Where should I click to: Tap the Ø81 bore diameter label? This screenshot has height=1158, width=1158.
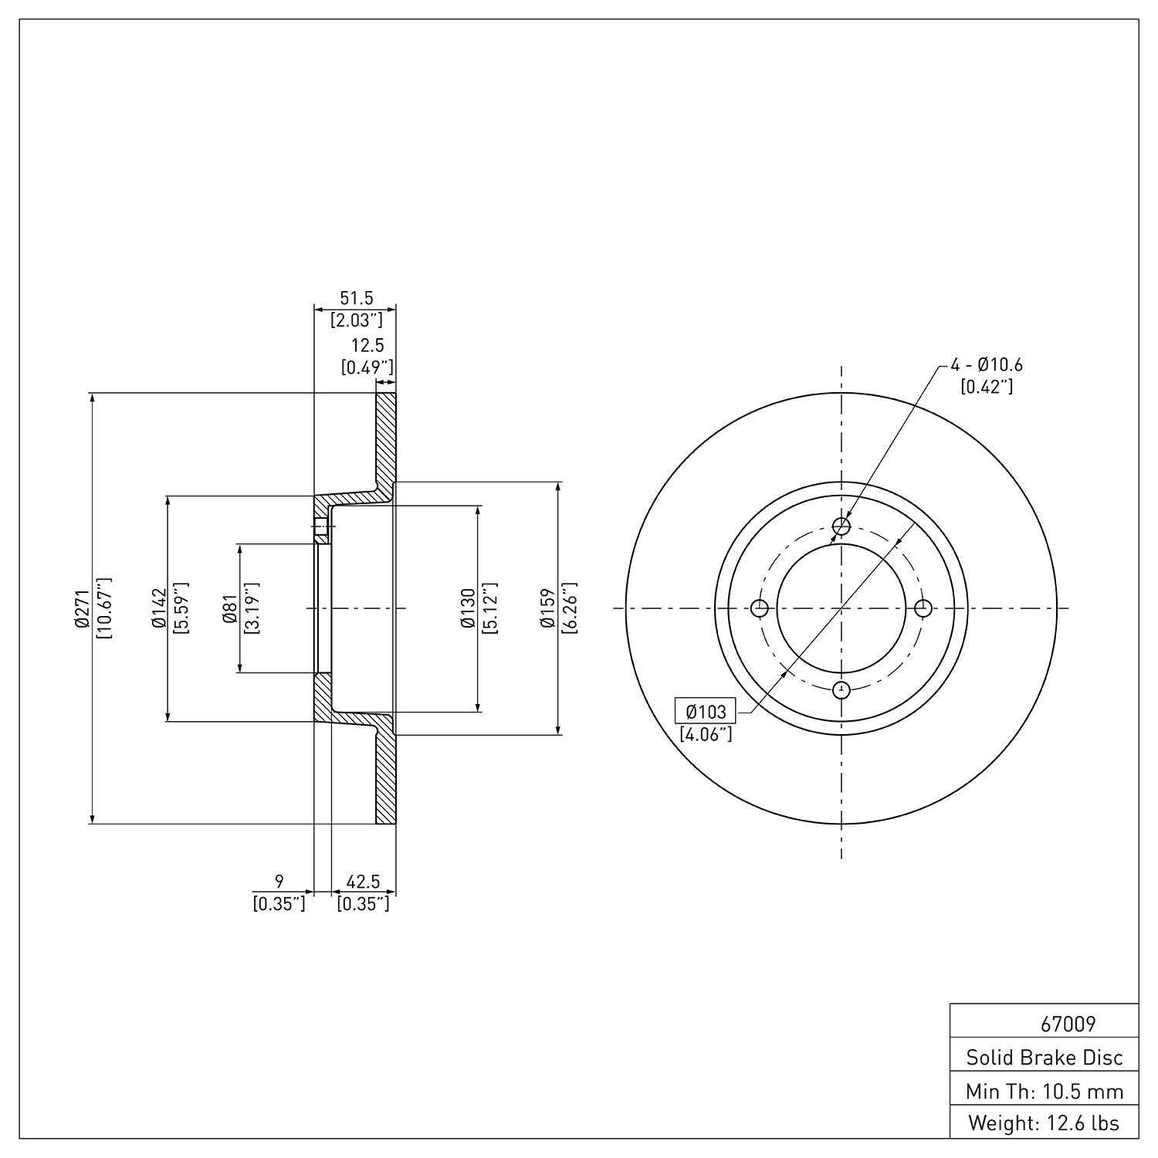pos(229,608)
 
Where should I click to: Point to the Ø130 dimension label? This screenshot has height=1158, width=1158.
pos(468,608)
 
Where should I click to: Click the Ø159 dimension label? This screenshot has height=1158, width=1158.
pos(548,608)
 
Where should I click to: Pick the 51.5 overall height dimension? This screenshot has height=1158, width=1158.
pos(357,298)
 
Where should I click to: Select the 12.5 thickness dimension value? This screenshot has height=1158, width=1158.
pos(367,346)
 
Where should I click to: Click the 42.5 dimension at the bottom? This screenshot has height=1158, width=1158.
pos(363,881)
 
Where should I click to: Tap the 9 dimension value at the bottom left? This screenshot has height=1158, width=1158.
pos(279,881)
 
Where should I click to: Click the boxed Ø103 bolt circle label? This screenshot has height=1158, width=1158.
pos(706,710)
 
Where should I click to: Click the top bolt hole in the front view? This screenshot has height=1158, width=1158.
pos(841,527)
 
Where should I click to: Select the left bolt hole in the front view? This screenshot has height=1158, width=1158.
pos(760,608)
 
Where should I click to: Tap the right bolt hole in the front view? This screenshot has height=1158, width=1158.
pos(923,608)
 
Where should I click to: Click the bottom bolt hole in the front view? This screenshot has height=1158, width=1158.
pos(841,689)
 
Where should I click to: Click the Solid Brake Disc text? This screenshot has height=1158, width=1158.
pos(1045,1057)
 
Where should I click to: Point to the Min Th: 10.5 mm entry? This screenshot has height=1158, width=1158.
pos(1045,1091)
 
